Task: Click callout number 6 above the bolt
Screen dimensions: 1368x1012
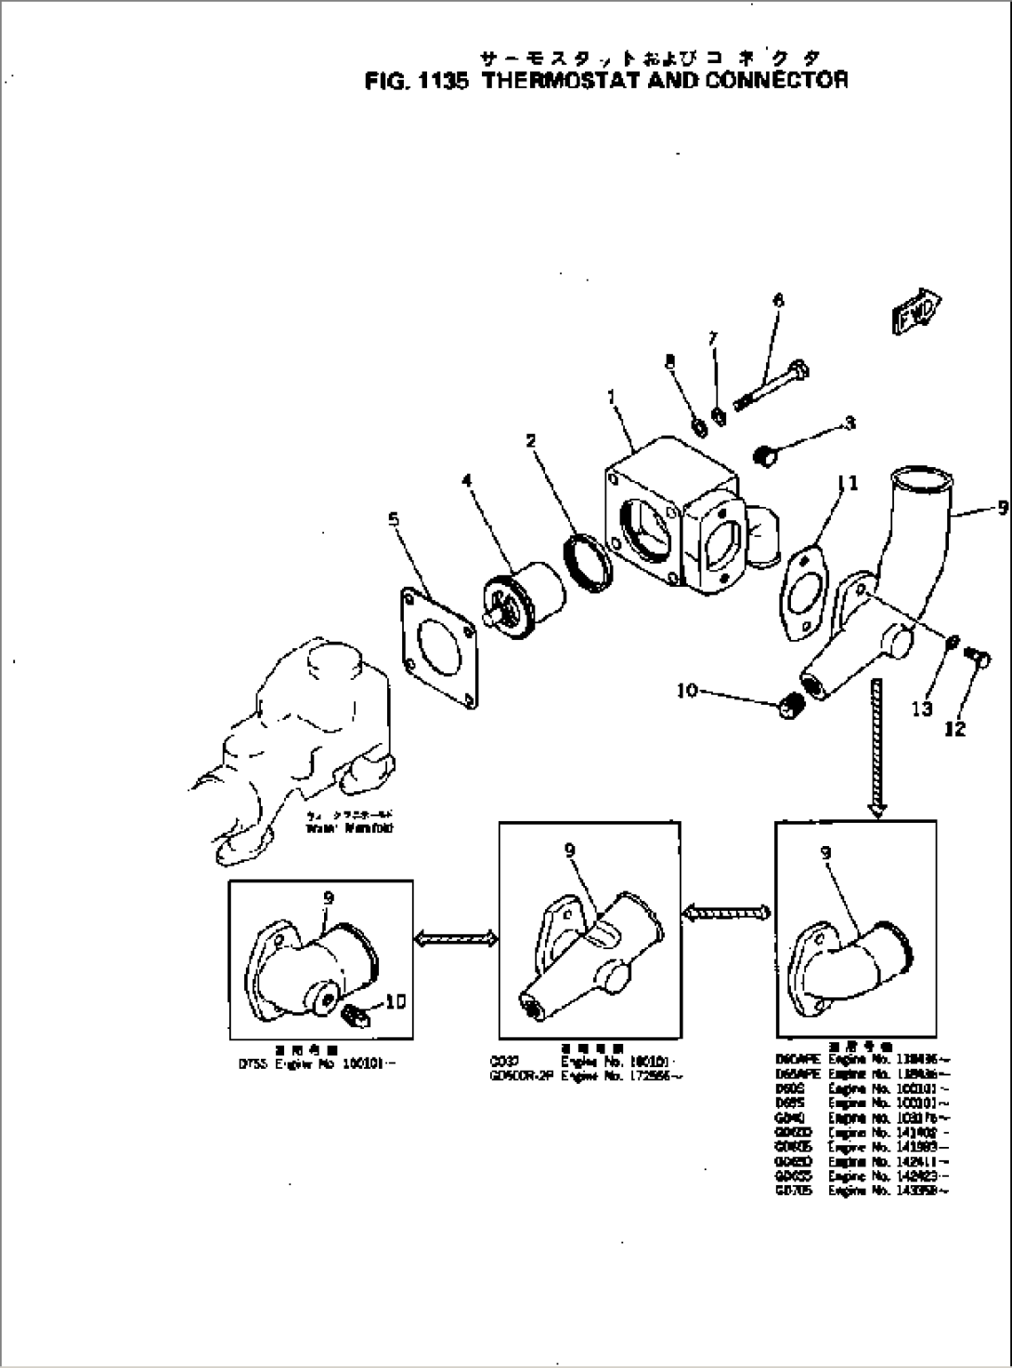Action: click(778, 301)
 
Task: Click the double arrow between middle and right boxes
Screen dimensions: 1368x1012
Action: click(727, 914)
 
